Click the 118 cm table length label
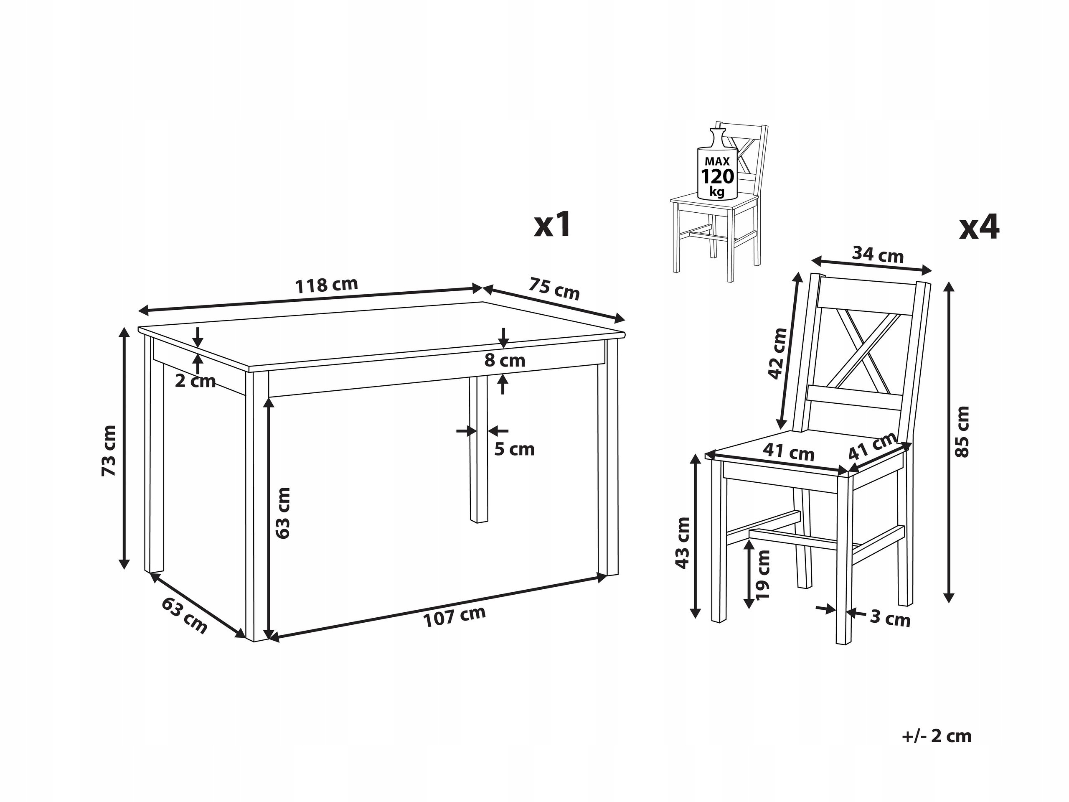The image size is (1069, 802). [327, 285]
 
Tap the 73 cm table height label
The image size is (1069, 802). [109, 451]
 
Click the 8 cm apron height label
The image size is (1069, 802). [505, 360]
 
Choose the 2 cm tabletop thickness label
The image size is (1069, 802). [195, 382]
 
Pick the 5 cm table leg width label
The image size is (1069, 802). [514, 450]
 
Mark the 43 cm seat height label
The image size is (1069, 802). [683, 542]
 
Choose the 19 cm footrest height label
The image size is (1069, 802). [763, 575]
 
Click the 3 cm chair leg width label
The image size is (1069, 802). [890, 619]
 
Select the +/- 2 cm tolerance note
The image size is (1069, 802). [936, 736]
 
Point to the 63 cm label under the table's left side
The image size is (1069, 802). [184, 616]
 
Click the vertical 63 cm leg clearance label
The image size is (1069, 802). [283, 512]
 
